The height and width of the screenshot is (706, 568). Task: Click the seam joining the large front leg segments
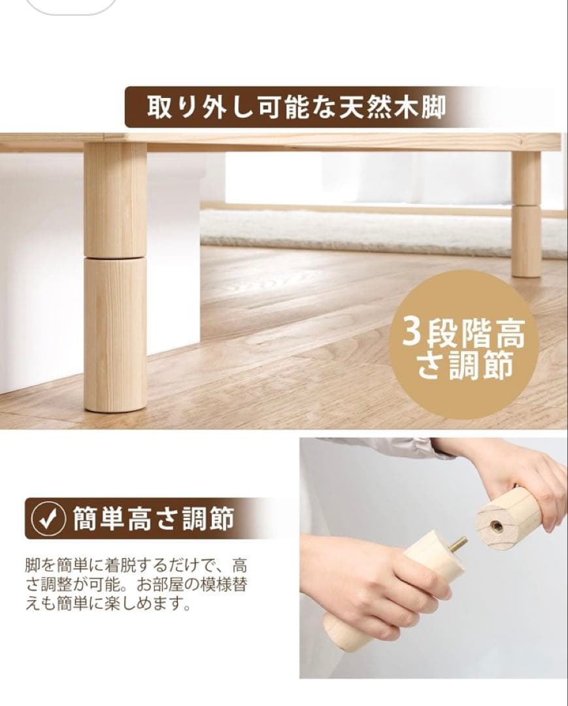(115, 257)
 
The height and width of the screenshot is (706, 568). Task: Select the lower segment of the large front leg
(115, 333)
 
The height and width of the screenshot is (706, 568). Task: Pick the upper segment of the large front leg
(115, 199)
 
